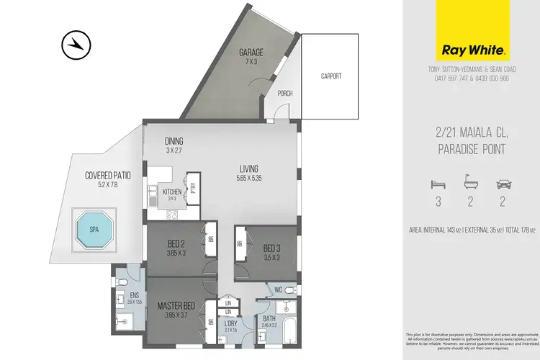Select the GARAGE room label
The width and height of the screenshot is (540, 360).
[x=251, y=53]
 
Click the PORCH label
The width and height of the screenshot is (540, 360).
[x=285, y=94]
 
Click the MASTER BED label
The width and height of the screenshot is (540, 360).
[x=175, y=305]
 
